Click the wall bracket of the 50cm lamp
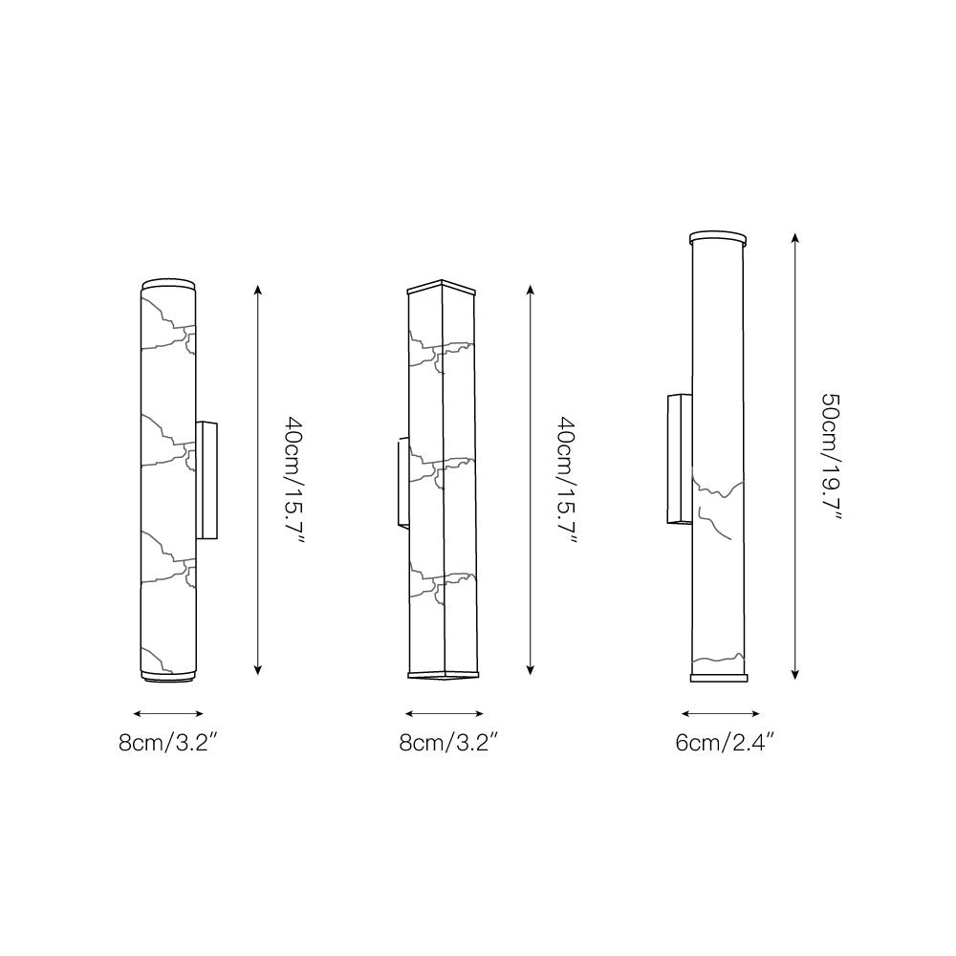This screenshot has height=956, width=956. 678,460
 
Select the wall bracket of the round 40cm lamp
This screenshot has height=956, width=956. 207,480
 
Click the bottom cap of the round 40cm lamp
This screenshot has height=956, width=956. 169,677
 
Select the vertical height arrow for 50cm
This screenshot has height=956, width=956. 795,456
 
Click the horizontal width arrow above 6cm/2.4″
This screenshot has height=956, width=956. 721,713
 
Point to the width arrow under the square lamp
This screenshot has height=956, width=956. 445,713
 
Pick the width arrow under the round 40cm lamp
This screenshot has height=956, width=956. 169,713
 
